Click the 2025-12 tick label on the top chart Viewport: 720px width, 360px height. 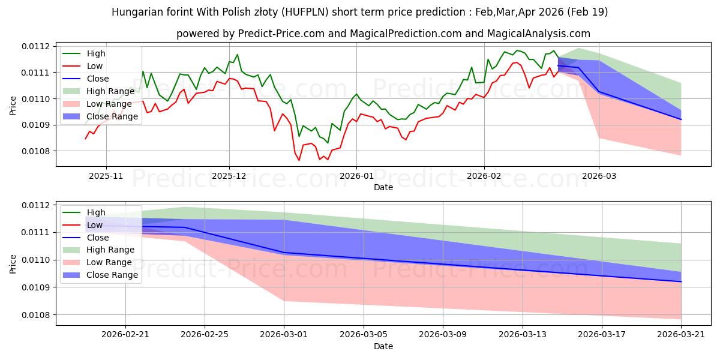pyautogui.click(x=229, y=176)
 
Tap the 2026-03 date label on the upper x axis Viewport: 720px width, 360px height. pyautogui.click(x=599, y=176)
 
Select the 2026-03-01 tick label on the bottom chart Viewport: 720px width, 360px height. pyautogui.click(x=284, y=335)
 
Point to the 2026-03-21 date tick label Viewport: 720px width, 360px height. pyautogui.click(x=681, y=335)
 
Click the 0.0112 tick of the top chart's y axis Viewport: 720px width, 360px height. pyautogui.click(x=36, y=47)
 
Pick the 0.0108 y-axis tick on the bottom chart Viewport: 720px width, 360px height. pyautogui.click(x=36, y=315)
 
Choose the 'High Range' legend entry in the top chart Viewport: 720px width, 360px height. pyautogui.click(x=99, y=91)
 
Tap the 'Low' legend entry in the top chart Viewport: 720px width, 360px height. pyautogui.click(x=83, y=66)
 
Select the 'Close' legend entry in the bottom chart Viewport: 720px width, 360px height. pyautogui.click(x=86, y=238)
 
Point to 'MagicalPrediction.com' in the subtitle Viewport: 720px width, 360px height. pyautogui.click(x=406, y=34)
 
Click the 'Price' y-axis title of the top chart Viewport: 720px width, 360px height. pyautogui.click(x=13, y=106)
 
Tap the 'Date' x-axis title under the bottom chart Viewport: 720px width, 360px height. pyautogui.click(x=383, y=346)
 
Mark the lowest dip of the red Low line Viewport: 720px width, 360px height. pyautogui.click(x=299, y=160)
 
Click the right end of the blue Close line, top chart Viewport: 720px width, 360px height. pyautogui.click(x=681, y=119)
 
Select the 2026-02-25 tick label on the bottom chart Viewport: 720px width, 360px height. pyautogui.click(x=205, y=335)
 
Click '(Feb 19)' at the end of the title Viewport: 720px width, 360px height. pyautogui.click(x=587, y=12)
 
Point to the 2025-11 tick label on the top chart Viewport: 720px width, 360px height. pyautogui.click(x=106, y=176)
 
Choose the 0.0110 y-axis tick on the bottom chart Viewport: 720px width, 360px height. pyautogui.click(x=36, y=260)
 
